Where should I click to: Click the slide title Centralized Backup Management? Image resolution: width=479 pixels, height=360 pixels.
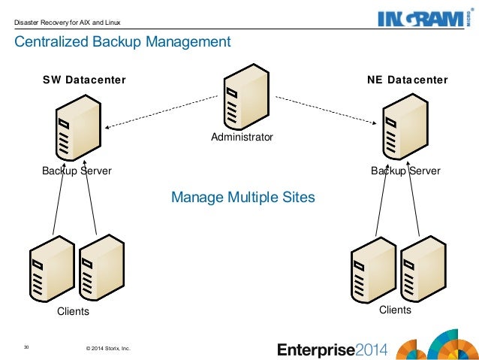tap(123, 42)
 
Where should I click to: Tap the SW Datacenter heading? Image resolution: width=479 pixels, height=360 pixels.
tap(83, 80)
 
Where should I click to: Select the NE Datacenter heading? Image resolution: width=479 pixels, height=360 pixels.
tap(408, 80)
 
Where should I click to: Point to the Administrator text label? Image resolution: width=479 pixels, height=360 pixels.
tap(242, 138)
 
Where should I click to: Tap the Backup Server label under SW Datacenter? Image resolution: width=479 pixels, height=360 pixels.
tap(77, 171)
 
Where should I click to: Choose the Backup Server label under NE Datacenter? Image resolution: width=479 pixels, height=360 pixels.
tap(405, 171)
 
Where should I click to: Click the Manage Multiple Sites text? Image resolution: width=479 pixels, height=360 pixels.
tap(243, 198)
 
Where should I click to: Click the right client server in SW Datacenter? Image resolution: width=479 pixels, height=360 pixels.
tap(100, 268)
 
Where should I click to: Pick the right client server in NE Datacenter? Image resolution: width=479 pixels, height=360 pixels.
tap(422, 268)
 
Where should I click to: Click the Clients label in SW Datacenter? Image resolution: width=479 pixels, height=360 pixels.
tap(74, 311)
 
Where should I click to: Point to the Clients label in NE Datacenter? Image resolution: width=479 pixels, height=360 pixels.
tap(395, 310)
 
